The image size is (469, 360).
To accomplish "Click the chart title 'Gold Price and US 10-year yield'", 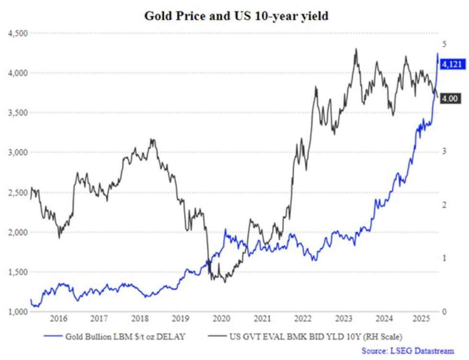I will pyautogui.click(x=236, y=16).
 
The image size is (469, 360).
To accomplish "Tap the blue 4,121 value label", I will pyautogui.click(x=452, y=64).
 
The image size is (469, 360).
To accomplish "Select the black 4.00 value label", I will pyautogui.click(x=450, y=99).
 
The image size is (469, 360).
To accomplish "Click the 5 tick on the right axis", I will pyautogui.click(x=444, y=45).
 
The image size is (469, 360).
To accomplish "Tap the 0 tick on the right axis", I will pyautogui.click(x=444, y=312).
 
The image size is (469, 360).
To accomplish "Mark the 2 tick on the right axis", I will pyautogui.click(x=444, y=205).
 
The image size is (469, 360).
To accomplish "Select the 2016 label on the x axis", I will pyautogui.click(x=58, y=319).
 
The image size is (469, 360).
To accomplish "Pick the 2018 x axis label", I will pyautogui.click(x=139, y=319).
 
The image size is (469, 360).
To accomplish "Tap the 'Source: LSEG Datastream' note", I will pyautogui.click(x=407, y=351).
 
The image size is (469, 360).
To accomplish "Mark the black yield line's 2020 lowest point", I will pyautogui.click(x=225, y=282).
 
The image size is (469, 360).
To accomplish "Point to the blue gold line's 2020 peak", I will pyautogui.click(x=226, y=229).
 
